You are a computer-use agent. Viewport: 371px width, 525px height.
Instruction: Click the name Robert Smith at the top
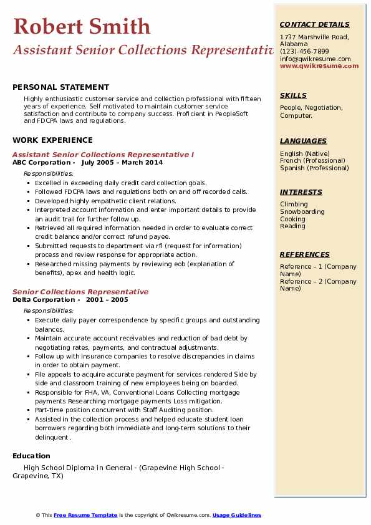[x=82, y=26]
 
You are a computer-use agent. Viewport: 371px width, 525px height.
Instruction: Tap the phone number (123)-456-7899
[x=304, y=51]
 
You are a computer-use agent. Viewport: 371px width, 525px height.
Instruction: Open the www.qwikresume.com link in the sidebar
[x=319, y=65]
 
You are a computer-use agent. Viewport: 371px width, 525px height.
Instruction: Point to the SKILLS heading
[x=293, y=95]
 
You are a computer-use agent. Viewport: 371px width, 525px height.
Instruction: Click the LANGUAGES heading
[x=303, y=141]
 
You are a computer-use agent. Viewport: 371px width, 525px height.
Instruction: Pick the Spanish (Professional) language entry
[x=314, y=168]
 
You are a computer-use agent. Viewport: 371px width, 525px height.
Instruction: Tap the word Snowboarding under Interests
[x=302, y=211]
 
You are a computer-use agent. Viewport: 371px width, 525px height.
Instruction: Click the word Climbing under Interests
[x=294, y=204]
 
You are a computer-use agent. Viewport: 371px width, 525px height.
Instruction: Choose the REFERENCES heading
[x=305, y=254]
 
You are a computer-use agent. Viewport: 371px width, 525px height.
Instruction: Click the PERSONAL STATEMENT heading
[x=60, y=87]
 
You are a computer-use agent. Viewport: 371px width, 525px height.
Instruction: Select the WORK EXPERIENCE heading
[x=52, y=140]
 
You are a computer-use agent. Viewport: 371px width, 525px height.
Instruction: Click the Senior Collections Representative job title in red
[x=80, y=292]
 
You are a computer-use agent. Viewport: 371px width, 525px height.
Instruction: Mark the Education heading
[x=31, y=456]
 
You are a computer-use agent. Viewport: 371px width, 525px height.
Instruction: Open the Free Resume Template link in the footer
[x=85, y=515]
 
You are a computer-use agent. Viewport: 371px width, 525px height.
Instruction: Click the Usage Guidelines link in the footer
[x=237, y=515]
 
